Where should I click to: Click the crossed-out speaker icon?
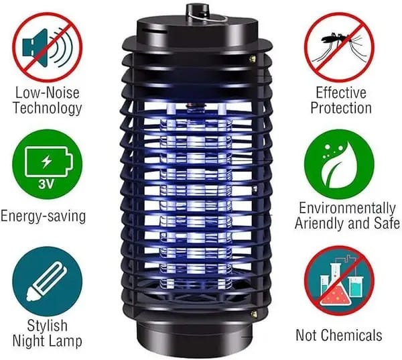[x=48, y=48]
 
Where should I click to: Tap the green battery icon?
[x=48, y=164]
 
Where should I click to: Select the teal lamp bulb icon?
[x=48, y=282]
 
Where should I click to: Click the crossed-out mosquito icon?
[x=340, y=48]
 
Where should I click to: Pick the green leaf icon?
[x=340, y=164]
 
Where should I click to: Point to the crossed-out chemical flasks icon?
[x=340, y=281]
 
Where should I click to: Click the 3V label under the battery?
[x=46, y=184]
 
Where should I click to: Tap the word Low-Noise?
[x=47, y=93]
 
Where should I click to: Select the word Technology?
[x=48, y=108]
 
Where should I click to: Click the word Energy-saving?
[x=43, y=217]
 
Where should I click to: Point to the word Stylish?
[x=48, y=325]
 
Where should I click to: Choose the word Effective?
[x=341, y=93]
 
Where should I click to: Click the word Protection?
[x=341, y=108]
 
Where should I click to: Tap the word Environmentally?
[x=347, y=208]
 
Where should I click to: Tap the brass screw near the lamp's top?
[x=253, y=59]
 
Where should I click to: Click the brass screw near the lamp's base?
[x=254, y=313]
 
